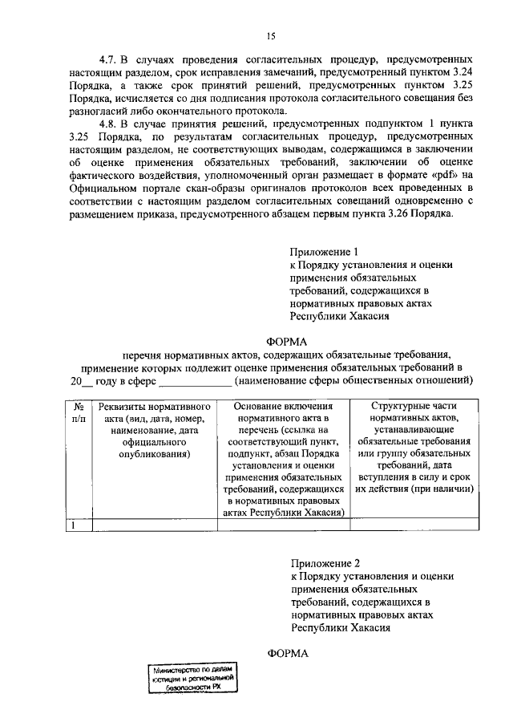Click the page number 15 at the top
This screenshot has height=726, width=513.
(x=271, y=34)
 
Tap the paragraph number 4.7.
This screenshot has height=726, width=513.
(x=110, y=60)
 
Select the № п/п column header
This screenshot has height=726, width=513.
(x=79, y=412)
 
